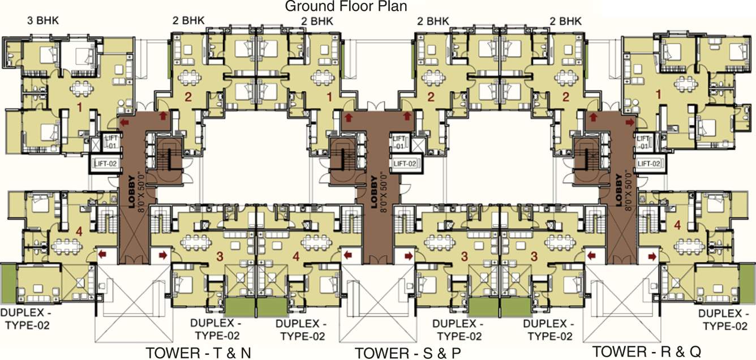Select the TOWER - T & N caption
(198, 352)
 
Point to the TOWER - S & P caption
(407, 353)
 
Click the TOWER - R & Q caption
(647, 352)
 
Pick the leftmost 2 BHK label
(188, 21)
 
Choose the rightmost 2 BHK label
(565, 21)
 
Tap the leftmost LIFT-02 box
(107, 165)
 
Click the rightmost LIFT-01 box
(643, 142)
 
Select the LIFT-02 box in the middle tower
(405, 164)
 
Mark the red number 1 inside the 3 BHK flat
(79, 106)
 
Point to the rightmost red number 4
(677, 225)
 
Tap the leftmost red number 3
(220, 256)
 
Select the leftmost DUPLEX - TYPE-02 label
(26, 319)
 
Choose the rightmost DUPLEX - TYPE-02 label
(723, 320)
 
